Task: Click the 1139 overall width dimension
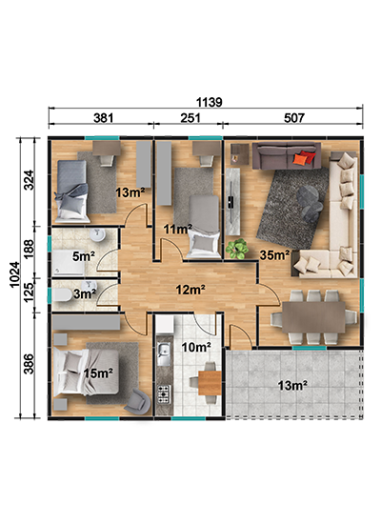[209, 102]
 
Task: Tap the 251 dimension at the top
[190, 118]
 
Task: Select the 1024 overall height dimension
[14, 274]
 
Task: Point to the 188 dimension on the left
[30, 249]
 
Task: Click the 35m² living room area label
[274, 255]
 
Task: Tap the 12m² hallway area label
[190, 290]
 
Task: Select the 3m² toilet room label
[85, 294]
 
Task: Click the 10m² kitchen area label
[196, 348]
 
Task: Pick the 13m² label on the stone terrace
[292, 386]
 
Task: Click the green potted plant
[237, 249]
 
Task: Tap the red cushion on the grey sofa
[304, 157]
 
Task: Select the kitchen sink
[164, 353]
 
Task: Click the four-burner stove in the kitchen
[164, 394]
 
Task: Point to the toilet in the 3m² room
[62, 295]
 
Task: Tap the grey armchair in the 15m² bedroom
[137, 401]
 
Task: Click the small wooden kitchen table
[210, 383]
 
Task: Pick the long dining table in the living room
[313, 317]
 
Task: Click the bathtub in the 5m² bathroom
[69, 262]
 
